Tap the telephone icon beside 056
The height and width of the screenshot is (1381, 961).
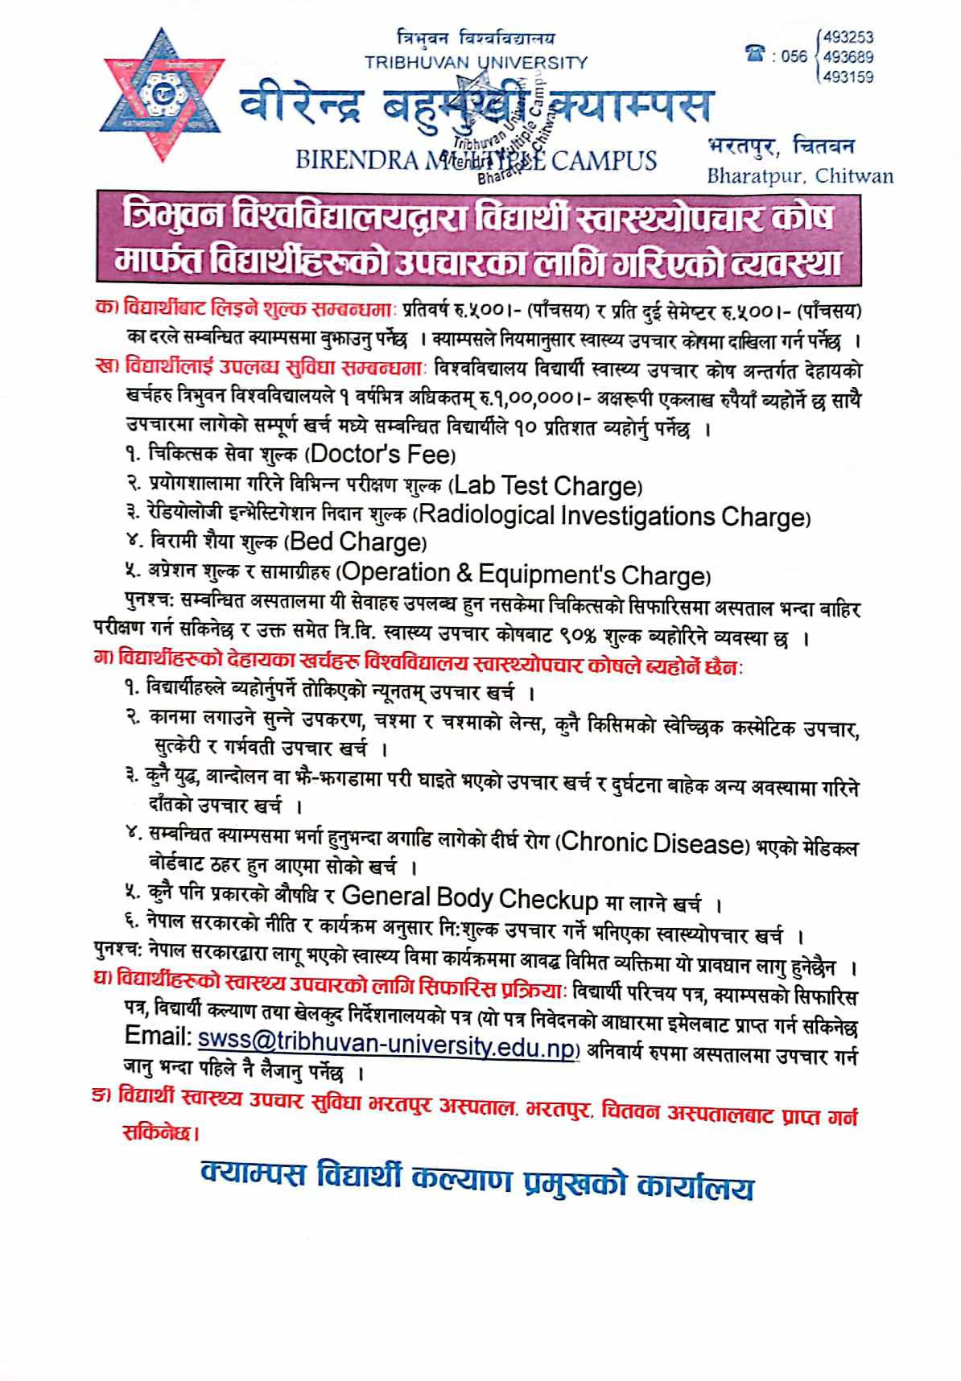[x=755, y=55]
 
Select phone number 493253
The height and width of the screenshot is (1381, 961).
[x=848, y=37]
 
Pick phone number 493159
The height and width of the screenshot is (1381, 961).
[x=848, y=77]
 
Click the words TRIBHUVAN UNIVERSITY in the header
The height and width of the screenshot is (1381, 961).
[x=476, y=63]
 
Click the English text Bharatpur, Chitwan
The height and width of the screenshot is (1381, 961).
[x=799, y=175]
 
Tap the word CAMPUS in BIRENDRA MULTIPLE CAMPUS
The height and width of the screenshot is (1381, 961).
[x=604, y=160]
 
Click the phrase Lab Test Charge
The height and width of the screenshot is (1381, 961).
[x=545, y=486]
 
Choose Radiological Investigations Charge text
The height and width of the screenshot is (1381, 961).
[x=612, y=516]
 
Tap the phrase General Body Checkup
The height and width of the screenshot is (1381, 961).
[x=470, y=897]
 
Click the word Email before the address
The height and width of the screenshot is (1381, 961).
[x=158, y=1036]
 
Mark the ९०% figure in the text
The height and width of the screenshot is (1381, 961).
[x=575, y=636]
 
